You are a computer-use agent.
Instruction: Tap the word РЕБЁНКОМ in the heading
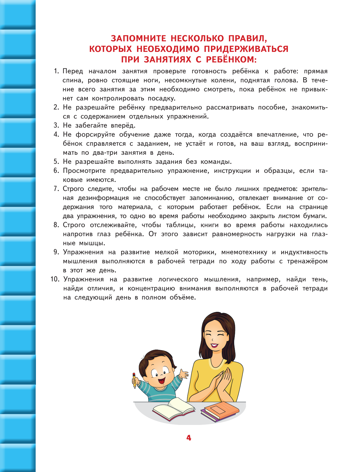231,59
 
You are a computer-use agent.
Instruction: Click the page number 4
189,438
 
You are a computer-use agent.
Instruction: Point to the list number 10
55,279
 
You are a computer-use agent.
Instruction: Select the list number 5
56,162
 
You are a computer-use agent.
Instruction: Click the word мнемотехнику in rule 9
244,252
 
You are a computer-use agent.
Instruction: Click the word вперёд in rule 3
123,125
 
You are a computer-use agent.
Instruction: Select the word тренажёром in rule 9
307,261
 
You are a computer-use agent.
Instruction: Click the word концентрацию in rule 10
151,288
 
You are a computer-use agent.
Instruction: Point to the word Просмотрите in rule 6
84,171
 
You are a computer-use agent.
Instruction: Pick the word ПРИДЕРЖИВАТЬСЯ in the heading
246,49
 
